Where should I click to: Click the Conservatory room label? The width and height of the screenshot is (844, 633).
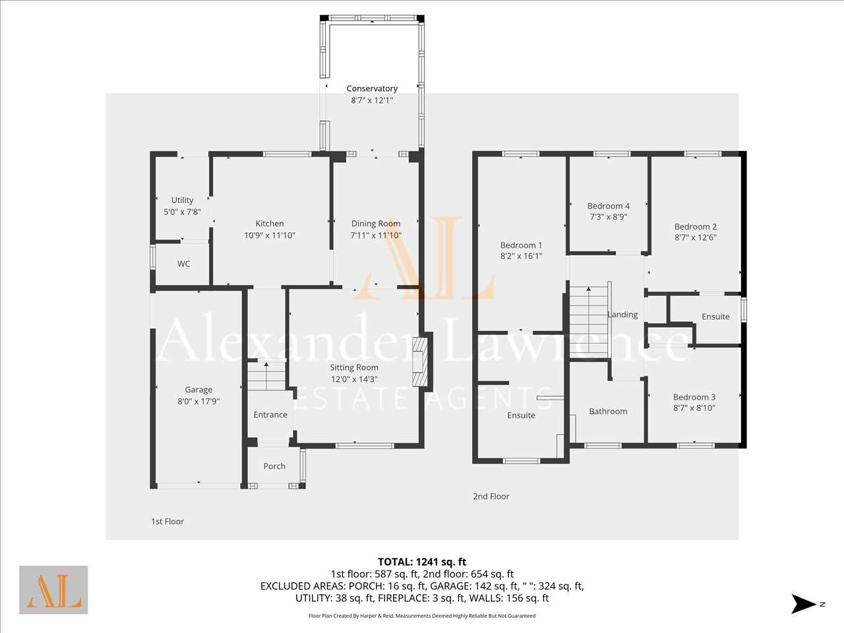(x=372, y=88)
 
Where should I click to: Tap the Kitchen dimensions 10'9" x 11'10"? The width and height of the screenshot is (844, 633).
(x=270, y=235)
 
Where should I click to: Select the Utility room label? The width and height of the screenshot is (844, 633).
(x=182, y=200)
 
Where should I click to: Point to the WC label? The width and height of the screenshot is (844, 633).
(x=184, y=264)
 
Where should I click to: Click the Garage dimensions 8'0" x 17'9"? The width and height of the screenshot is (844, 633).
(x=198, y=402)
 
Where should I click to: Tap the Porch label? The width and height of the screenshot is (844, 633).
(x=274, y=466)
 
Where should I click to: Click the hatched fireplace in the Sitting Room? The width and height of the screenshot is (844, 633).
(x=419, y=362)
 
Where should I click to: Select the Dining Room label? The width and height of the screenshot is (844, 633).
(x=376, y=224)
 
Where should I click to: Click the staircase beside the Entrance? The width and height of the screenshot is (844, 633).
(x=266, y=376)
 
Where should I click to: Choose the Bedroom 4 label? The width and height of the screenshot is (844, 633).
(x=609, y=206)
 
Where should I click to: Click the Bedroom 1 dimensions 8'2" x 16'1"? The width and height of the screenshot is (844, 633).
(x=521, y=256)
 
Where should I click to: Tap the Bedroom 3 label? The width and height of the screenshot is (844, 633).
(x=694, y=397)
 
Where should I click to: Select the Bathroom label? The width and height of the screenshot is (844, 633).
(x=608, y=411)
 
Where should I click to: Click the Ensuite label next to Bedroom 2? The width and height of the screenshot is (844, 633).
(x=715, y=316)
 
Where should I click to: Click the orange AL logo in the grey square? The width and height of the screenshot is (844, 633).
(x=53, y=590)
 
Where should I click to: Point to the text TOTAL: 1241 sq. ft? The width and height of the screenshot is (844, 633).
(x=422, y=562)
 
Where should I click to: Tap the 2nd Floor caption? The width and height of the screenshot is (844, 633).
(x=491, y=496)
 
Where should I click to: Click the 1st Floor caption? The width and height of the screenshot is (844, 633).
(x=167, y=522)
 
